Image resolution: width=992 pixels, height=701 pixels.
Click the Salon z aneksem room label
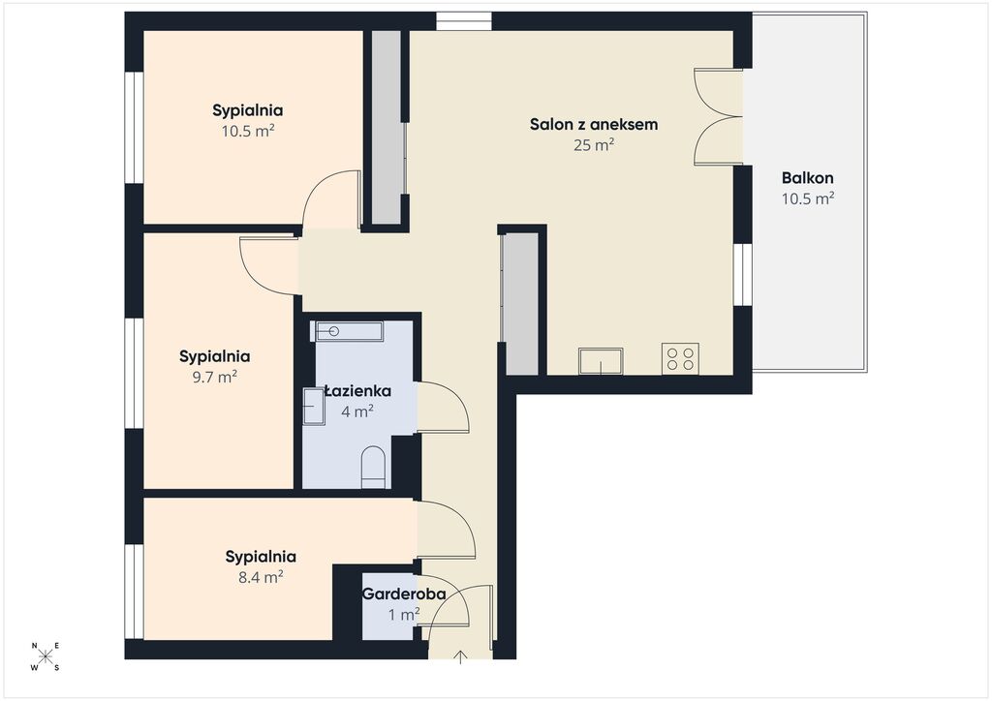click(x=594, y=124)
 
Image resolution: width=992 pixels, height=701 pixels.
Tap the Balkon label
click(x=807, y=177)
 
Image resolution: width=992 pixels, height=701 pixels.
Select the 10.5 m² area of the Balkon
click(x=807, y=198)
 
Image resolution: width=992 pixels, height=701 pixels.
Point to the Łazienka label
click(x=358, y=390)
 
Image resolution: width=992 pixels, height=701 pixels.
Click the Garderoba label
click(x=404, y=594)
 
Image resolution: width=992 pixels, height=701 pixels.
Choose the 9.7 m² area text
click(x=214, y=378)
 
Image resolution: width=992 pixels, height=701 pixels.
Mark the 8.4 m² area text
click(x=260, y=577)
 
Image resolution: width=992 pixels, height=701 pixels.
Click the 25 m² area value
click(x=594, y=145)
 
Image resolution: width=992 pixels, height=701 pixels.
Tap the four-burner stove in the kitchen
click(x=680, y=358)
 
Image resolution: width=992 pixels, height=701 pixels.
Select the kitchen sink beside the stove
click(x=601, y=361)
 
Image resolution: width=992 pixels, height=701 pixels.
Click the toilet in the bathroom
click(x=373, y=468)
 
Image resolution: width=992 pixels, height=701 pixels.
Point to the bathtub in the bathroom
click(x=349, y=331)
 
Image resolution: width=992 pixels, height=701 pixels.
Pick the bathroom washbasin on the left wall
click(x=313, y=407)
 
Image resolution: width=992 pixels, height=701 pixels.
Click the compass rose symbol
click(x=46, y=656)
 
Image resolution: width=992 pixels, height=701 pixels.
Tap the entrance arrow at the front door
click(x=460, y=657)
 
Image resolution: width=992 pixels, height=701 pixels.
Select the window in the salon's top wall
click(x=464, y=21)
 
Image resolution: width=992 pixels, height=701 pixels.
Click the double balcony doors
click(x=719, y=117)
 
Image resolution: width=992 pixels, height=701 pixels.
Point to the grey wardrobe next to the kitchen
click(x=521, y=304)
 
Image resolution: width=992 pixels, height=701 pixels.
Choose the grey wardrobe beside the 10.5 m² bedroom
click(x=386, y=127)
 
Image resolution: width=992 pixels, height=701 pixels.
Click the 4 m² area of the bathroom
click(x=356, y=411)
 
